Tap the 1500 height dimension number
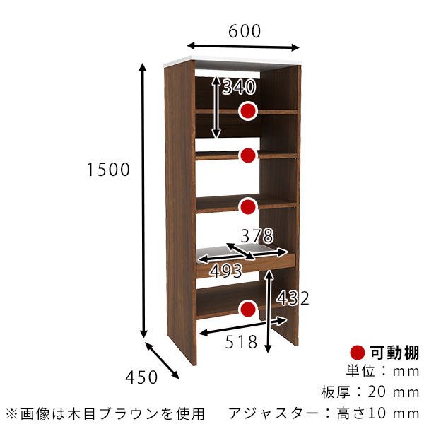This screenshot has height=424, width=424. tap(107, 170)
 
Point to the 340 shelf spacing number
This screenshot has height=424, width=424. tap(238, 87)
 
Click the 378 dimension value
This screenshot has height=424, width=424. tap(256, 235)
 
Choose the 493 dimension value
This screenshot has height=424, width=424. tap(225, 270)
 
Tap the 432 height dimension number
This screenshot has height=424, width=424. tap(293, 298)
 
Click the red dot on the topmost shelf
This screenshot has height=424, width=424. tap(247, 111)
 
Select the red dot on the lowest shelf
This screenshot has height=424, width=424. tap(247, 309)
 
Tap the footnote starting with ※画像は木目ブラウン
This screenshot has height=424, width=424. tap(105, 412)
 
